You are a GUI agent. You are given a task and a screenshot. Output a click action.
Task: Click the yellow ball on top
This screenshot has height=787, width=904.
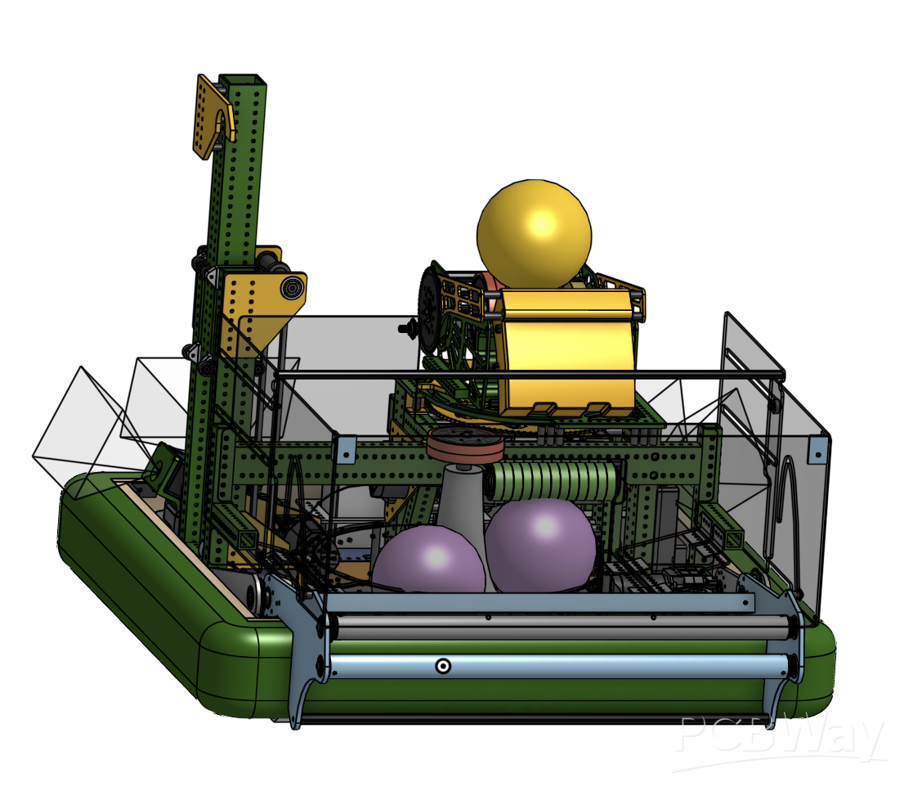coord(535,234)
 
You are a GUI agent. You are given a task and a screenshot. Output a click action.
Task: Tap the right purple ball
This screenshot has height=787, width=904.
coord(540,545)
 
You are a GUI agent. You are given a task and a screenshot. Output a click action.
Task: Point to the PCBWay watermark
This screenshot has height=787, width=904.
coord(781,740)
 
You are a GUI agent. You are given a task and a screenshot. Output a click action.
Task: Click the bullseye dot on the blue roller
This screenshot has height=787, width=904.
coord(442,666)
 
